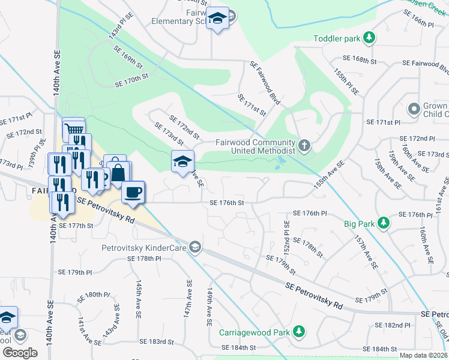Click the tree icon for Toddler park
tap(370, 39)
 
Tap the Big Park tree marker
tap(384, 224)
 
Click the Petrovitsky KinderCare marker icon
tap(194, 246)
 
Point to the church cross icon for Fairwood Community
tap(304, 146)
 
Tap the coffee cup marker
tap(133, 192)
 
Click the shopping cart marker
tap(73, 128)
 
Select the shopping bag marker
tap(119, 172)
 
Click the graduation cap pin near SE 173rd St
tap(183, 161)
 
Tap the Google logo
tap(20, 352)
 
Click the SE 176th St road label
tap(227, 203)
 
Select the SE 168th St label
tap(359, 60)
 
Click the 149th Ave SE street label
tap(209, 307)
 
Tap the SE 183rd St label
tap(156, 341)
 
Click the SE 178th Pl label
tap(144, 259)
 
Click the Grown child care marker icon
tap(413, 110)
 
